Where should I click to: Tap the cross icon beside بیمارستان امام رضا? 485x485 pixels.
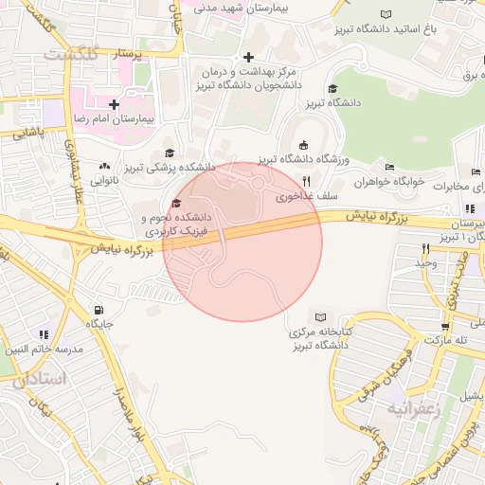click(x=114, y=103)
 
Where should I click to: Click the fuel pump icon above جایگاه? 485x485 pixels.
click(x=99, y=310)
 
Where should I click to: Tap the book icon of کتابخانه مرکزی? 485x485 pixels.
click(x=321, y=317)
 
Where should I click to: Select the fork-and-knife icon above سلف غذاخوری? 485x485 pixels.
click(x=306, y=182)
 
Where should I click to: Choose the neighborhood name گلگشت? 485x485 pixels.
click(x=70, y=53)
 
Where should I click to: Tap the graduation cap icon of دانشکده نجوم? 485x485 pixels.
click(x=175, y=204)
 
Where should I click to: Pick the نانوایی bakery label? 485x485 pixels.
click(x=105, y=179)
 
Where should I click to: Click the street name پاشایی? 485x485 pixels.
click(x=28, y=135)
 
